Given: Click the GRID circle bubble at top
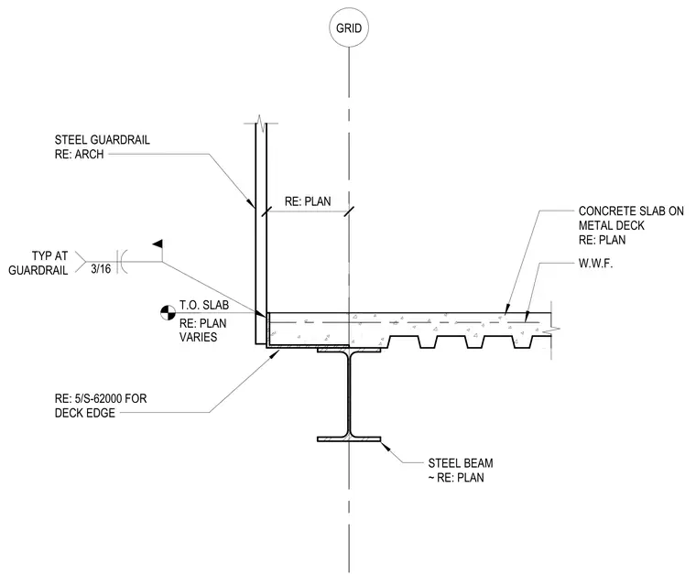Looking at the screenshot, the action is coord(349,27).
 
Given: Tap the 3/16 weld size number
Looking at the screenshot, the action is coord(101,268).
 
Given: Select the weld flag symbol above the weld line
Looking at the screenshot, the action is coord(158,244).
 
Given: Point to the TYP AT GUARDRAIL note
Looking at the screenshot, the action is coord(38,263).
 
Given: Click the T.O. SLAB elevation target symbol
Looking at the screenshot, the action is coord(169,313).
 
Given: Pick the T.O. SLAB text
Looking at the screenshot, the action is coord(204,305).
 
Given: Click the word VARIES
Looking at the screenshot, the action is coord(198,337).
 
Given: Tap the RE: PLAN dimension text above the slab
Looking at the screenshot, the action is coord(308,201).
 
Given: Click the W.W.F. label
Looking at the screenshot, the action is coord(595,264).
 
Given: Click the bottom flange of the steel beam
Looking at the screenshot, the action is coord(349,439).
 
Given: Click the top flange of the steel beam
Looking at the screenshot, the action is coord(349,351).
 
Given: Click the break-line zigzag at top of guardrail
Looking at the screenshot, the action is coord(261,124).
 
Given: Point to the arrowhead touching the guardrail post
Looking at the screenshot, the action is coord(251,204).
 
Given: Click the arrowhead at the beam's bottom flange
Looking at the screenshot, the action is coord(386,446).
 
